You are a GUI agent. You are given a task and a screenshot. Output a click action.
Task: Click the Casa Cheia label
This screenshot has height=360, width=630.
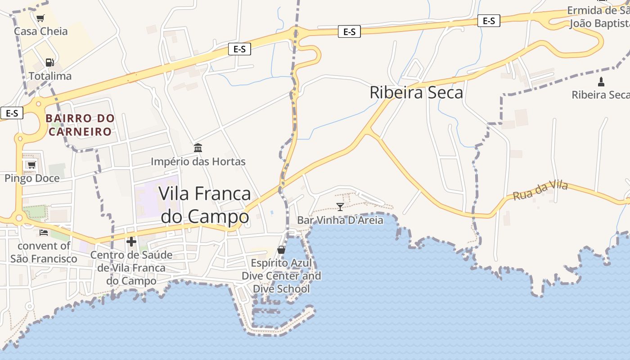point(41,31)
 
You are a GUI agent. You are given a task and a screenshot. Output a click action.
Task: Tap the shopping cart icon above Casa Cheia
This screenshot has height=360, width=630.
point(40,18)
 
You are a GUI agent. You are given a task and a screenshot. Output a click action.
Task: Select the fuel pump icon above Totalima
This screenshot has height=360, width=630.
point(49,63)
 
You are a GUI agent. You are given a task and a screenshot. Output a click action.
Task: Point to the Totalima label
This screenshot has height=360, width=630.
point(50,76)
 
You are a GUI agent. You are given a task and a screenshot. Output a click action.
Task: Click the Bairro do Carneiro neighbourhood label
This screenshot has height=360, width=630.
point(80,125)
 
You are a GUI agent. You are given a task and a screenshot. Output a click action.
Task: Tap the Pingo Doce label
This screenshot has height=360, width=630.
point(32,179)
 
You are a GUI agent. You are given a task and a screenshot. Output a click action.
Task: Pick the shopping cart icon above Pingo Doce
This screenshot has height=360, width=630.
point(31,165)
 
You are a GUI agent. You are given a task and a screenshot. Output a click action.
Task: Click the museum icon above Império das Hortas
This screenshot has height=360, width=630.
point(198,148)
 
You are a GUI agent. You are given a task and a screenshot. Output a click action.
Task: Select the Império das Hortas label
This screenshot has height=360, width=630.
point(198,162)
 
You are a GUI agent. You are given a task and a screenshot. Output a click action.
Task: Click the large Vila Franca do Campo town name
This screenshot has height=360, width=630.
point(205,205)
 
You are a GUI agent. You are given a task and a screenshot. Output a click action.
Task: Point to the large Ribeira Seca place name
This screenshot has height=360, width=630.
point(416,93)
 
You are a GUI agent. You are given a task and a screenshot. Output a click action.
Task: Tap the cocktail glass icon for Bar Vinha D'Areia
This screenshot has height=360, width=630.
point(340,207)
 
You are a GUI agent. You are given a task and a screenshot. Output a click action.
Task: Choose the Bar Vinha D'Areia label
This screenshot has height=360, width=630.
point(340,220)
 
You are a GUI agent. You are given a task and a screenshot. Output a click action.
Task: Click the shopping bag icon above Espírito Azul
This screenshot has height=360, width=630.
point(281,250)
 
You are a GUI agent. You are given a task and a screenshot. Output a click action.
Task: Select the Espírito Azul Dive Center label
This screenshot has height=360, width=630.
point(281,276)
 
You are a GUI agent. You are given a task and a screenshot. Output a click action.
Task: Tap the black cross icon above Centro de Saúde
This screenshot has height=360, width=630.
point(131,242)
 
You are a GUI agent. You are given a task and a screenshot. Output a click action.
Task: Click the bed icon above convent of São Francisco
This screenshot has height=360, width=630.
point(44,233)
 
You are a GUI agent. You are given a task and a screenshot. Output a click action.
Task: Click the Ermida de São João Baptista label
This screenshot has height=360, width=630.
point(598,17)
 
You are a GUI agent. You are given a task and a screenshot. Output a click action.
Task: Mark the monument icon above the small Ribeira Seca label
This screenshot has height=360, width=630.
point(601,82)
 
